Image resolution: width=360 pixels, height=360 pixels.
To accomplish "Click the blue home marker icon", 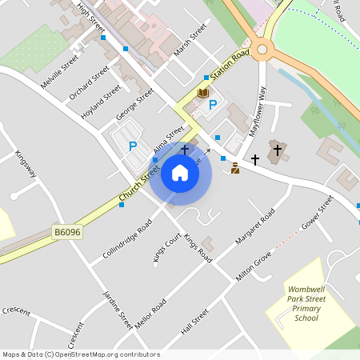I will (180, 173).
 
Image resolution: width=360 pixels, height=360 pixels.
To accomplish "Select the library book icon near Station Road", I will (203, 94).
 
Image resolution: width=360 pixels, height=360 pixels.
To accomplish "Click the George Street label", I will (134, 104).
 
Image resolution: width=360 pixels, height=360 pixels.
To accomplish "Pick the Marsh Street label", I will (190, 40).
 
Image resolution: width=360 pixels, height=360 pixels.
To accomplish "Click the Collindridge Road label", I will (127, 238).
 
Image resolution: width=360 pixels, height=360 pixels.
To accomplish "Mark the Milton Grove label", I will (255, 266).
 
